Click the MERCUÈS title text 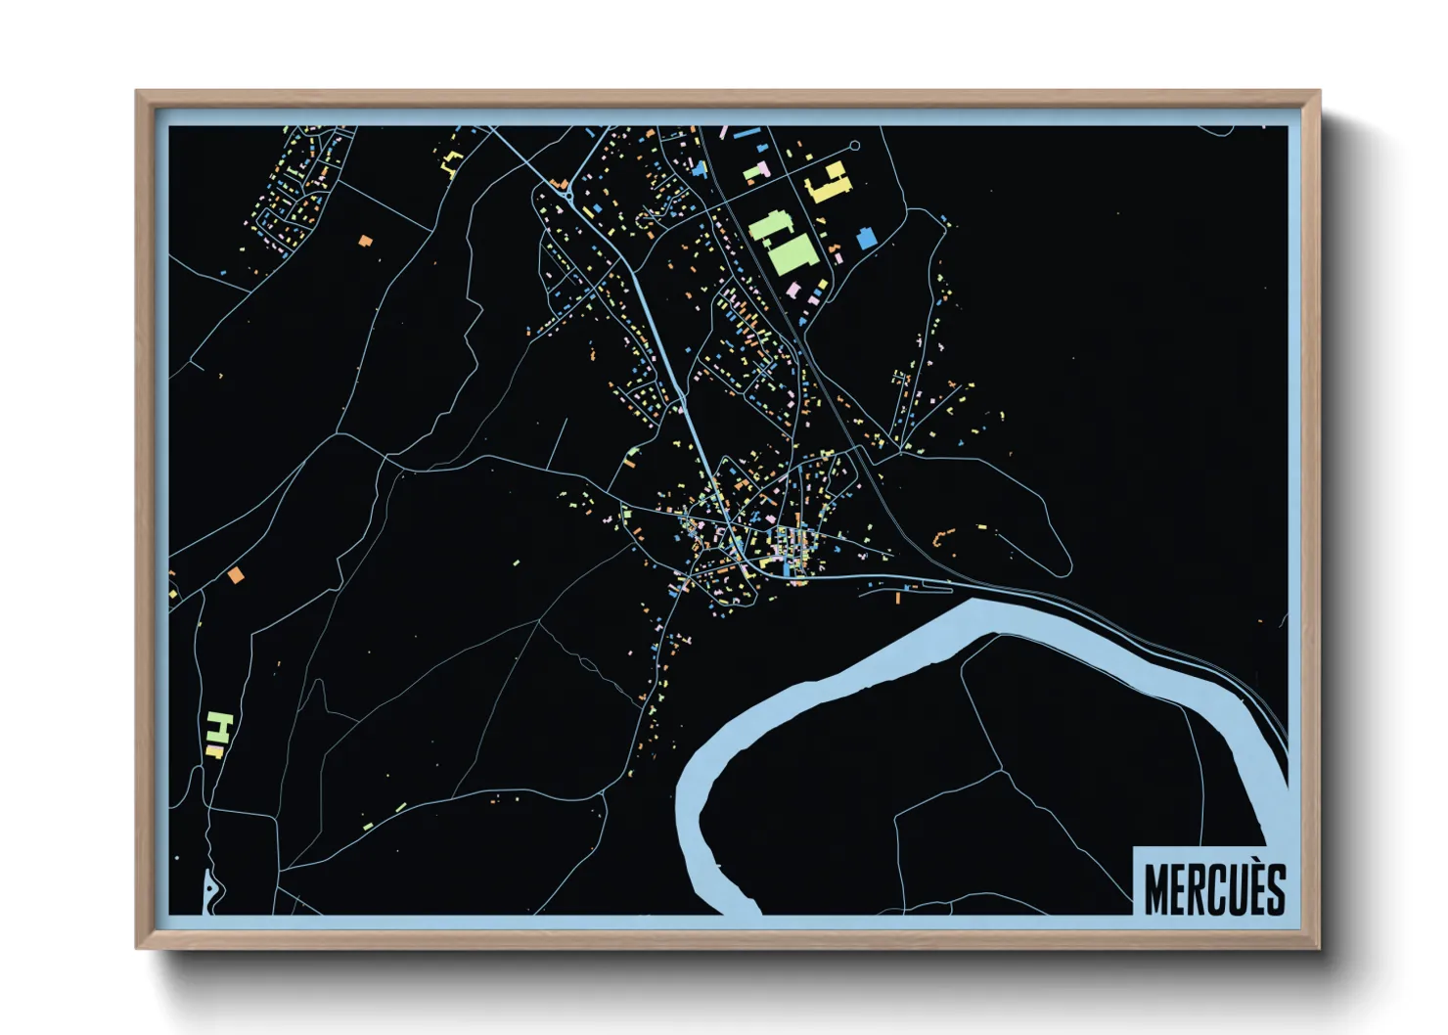pos(1214,888)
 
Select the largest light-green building pos(792,253)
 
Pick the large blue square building pos(866,238)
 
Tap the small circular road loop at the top pos(854,146)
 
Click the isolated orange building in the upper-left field pos(365,240)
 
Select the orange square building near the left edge pos(235,575)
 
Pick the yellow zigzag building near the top pos(451,162)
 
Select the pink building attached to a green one pos(763,170)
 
